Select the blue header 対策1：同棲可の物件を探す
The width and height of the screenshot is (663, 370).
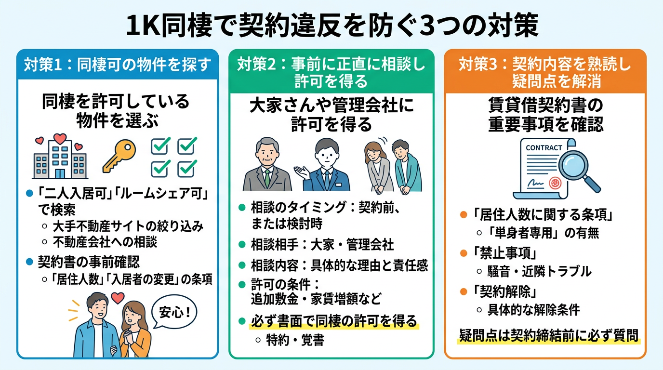point(118,64)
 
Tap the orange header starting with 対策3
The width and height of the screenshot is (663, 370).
point(544,72)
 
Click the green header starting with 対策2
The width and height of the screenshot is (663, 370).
point(331,72)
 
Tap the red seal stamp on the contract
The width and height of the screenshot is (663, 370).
point(555,184)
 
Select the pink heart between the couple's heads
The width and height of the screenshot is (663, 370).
point(117,298)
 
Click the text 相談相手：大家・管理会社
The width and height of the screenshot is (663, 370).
point(322,244)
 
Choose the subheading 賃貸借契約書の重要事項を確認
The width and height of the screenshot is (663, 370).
point(544,115)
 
